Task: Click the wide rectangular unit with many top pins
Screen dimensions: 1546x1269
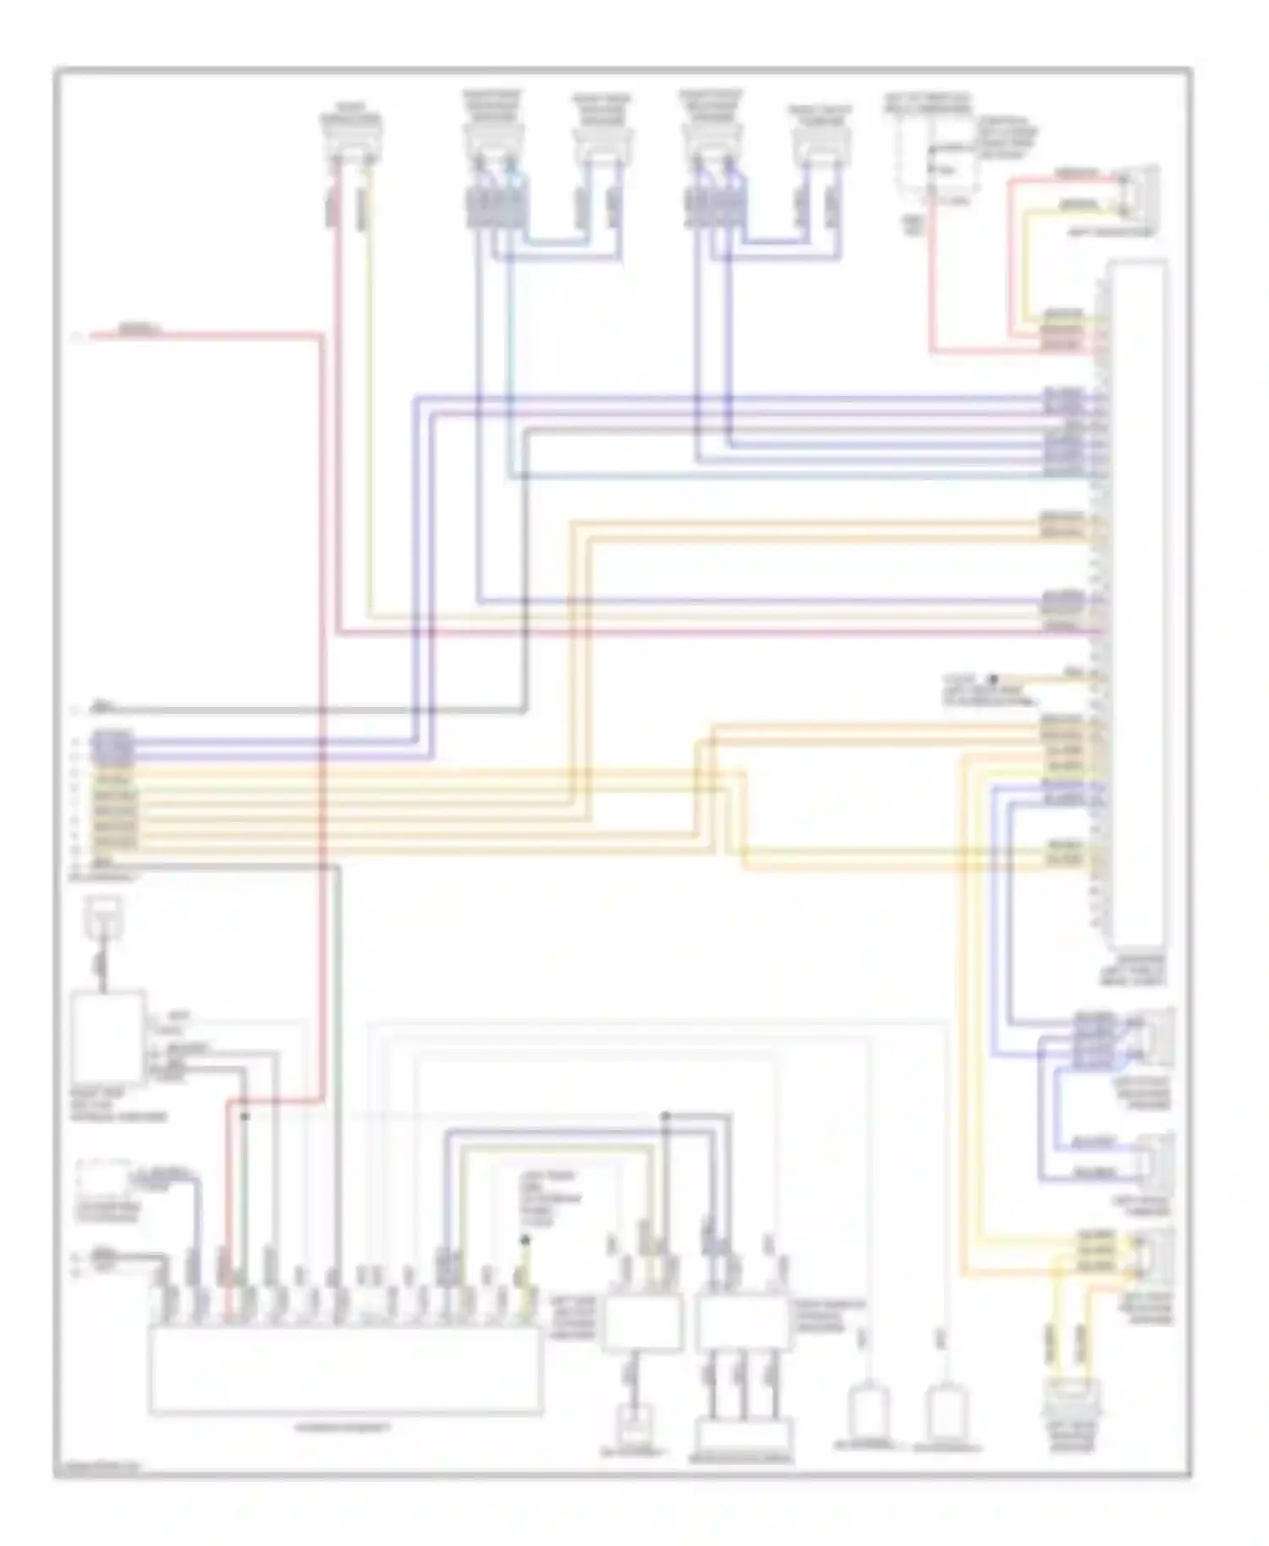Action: (x=345, y=1369)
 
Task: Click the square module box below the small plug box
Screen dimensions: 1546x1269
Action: (x=107, y=1038)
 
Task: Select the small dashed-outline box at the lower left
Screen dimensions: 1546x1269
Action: (x=103, y=1177)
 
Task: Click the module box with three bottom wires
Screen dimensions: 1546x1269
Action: (x=741, y=1323)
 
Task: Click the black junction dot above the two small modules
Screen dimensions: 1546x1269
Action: (x=665, y=1116)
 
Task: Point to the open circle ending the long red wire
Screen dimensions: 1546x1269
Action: (x=78, y=337)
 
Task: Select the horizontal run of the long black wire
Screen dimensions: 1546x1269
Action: (x=313, y=710)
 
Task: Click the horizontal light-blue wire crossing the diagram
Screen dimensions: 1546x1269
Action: (x=761, y=478)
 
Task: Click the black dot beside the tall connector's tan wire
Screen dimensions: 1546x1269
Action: (x=994, y=678)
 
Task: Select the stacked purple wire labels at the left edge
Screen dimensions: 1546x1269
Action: (x=113, y=744)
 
